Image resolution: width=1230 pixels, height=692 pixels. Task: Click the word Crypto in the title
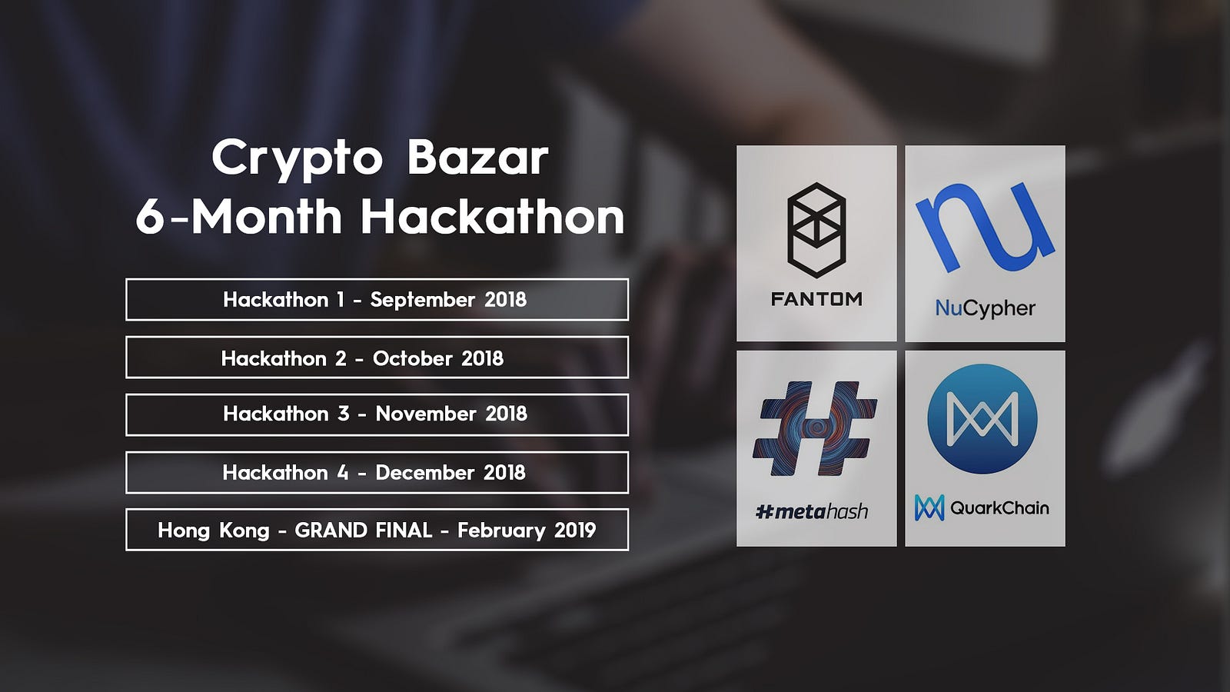click(x=297, y=160)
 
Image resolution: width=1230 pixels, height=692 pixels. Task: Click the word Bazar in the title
click(x=477, y=157)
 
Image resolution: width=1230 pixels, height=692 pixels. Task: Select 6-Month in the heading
click(x=239, y=216)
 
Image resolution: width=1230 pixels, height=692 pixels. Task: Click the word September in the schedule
click(x=422, y=301)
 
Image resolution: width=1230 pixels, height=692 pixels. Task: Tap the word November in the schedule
click(x=426, y=414)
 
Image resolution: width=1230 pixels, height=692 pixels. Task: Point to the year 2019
click(x=575, y=530)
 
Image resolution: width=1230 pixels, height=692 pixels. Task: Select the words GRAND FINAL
click(x=363, y=530)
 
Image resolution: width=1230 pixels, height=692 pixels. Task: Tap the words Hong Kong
click(x=214, y=531)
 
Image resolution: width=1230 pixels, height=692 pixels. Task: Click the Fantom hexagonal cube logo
click(x=816, y=230)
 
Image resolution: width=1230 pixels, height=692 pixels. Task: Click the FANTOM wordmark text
click(x=816, y=299)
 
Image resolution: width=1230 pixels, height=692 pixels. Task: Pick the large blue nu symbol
click(x=985, y=228)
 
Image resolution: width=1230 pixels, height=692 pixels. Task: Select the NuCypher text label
click(x=985, y=308)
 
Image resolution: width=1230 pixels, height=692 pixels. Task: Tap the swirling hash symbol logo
click(x=815, y=428)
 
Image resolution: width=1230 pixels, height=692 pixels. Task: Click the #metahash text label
click(x=812, y=512)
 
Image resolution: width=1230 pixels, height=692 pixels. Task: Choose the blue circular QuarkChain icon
click(x=982, y=418)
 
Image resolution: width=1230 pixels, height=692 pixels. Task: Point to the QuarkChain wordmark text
click(x=999, y=508)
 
